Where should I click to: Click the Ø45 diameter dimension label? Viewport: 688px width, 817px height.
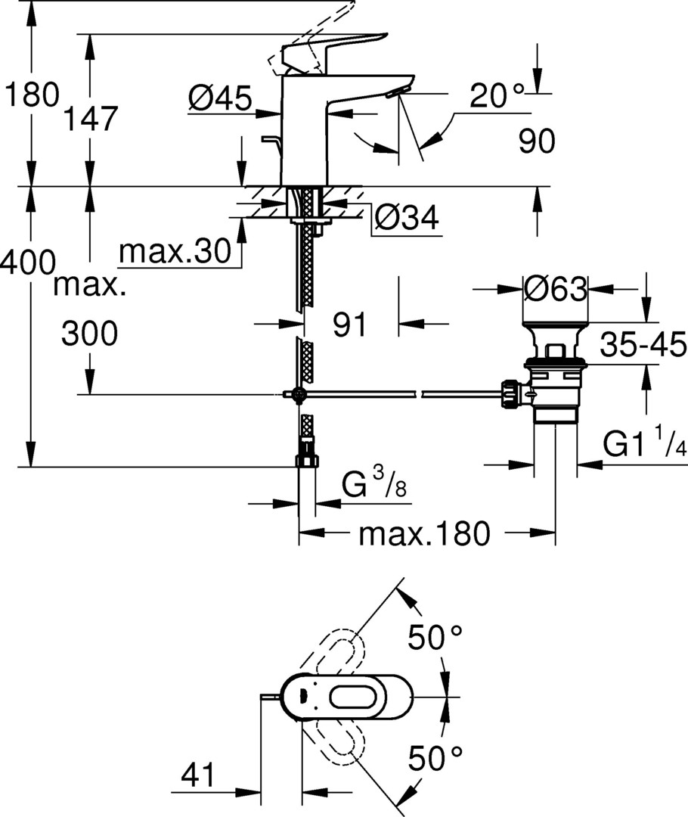pyautogui.click(x=220, y=98)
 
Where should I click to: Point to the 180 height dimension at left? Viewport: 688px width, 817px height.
pyautogui.click(x=31, y=95)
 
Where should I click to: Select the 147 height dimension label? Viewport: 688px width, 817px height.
pyautogui.click(x=91, y=118)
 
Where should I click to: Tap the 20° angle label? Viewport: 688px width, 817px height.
pyautogui.click(x=497, y=96)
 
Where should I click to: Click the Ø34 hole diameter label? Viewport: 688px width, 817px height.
pyautogui.click(x=407, y=218)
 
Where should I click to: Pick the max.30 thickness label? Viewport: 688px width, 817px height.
pyautogui.click(x=175, y=251)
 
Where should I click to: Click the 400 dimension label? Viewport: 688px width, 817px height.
pyautogui.click(x=28, y=262)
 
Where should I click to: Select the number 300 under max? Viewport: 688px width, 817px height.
pyautogui.click(x=89, y=334)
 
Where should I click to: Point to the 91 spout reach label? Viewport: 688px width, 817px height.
pyautogui.click(x=349, y=325)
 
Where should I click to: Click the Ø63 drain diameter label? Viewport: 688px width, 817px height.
pyautogui.click(x=555, y=288)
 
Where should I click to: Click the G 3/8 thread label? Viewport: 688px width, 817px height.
pyautogui.click(x=374, y=483)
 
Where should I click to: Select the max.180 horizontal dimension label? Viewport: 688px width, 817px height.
pyautogui.click(x=424, y=533)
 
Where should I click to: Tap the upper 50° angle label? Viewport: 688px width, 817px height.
pyautogui.click(x=435, y=637)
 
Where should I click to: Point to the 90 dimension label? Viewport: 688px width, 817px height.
pyautogui.click(x=537, y=141)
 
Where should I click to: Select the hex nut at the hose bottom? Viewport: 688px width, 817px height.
pyautogui.click(x=307, y=461)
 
